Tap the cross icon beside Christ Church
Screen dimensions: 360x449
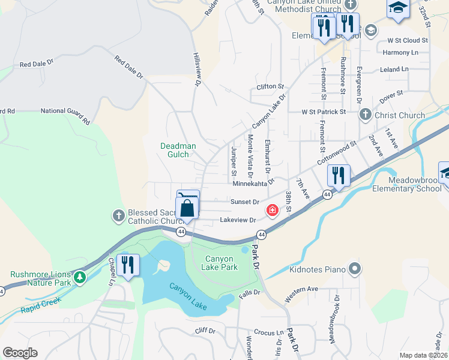pyautogui.click(x=364, y=115)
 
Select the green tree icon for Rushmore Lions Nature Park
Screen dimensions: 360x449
pyautogui.click(x=79, y=277)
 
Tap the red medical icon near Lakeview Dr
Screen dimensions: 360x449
pyautogui.click(x=273, y=210)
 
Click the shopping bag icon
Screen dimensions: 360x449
pyautogui.click(x=187, y=209)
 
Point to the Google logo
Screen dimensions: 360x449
pyautogui.click(x=20, y=353)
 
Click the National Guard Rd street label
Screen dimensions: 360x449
pyautogui.click(x=65, y=112)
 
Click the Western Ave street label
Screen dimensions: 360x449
pyautogui.click(x=301, y=293)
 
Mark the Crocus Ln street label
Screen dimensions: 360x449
pyautogui.click(x=268, y=332)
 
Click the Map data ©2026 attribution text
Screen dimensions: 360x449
pyautogui.click(x=423, y=355)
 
